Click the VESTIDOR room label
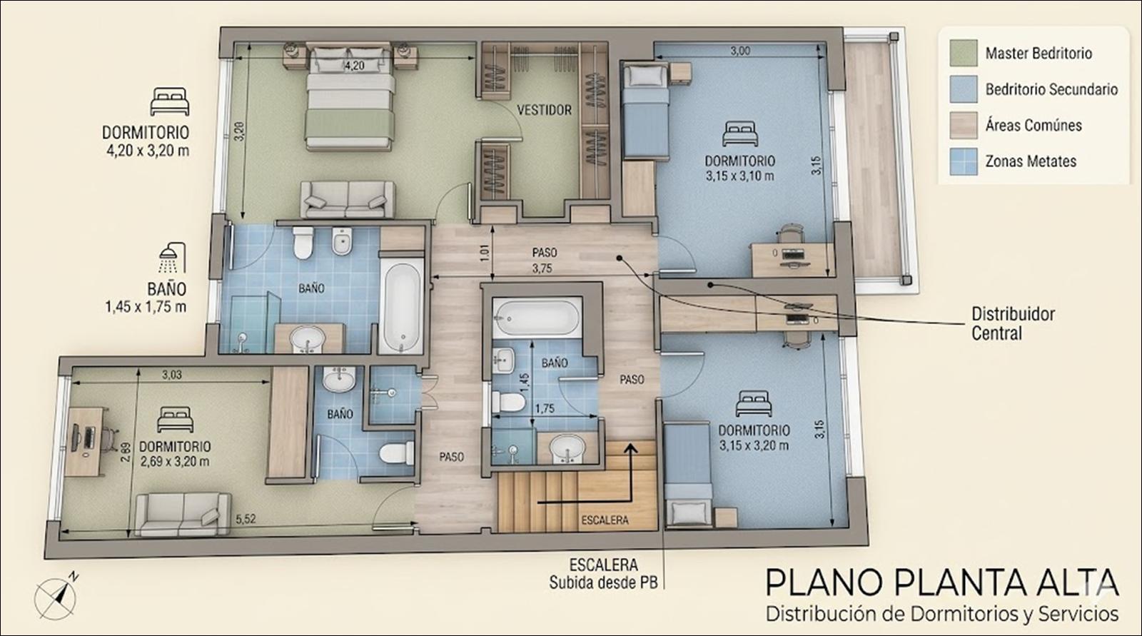[x=544, y=110]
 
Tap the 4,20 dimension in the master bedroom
[x=354, y=66]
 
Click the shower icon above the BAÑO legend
[x=172, y=258]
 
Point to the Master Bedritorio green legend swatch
[x=964, y=53]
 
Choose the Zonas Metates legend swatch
[x=964, y=162]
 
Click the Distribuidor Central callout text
[x=1013, y=323]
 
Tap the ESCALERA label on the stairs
[x=605, y=520]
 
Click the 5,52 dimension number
[x=246, y=519]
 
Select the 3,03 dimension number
[x=172, y=375]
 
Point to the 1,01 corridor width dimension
[x=485, y=253]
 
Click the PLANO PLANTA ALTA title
[x=942, y=582]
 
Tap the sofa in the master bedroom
[x=348, y=199]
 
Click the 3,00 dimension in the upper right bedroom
[x=740, y=51]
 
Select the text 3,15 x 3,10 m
[x=739, y=176]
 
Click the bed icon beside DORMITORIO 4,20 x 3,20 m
[x=170, y=101]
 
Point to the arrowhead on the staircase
[x=631, y=448]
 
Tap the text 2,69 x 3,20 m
[x=174, y=462]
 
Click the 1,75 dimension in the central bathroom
[x=545, y=408]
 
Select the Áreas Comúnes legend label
[x=1034, y=126]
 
